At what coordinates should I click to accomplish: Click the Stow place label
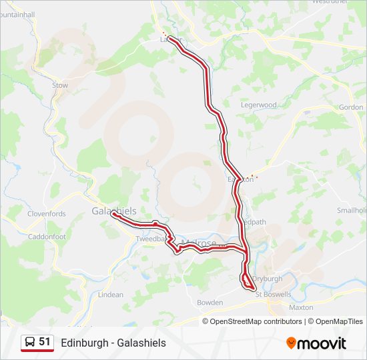pyautogui.click(x=60, y=85)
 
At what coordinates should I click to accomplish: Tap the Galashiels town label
pyautogui.click(x=113, y=211)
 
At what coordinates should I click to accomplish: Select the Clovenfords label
pyautogui.click(x=47, y=214)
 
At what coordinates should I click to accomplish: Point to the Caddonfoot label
pyautogui.click(x=47, y=237)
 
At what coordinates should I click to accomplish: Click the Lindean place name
pyautogui.click(x=111, y=295)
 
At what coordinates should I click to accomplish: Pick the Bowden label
pyautogui.click(x=210, y=303)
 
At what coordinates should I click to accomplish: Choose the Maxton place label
pyautogui.click(x=301, y=307)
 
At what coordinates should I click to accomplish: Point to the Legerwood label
pyautogui.click(x=258, y=105)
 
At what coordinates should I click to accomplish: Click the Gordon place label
pyautogui.click(x=351, y=107)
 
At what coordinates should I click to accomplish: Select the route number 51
pyautogui.click(x=45, y=342)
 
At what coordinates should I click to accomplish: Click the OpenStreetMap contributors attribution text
pyautogui.click(x=256, y=321)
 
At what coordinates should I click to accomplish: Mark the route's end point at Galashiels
pyautogui.click(x=113, y=214)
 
